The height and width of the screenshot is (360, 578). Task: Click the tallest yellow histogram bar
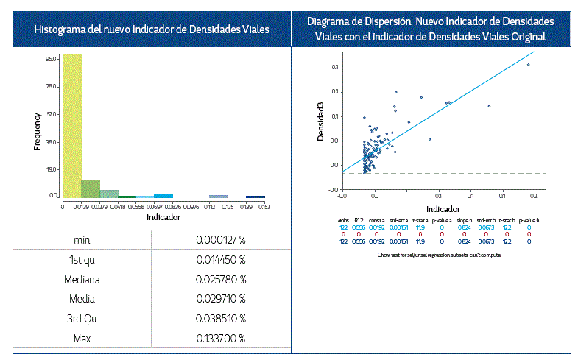71,125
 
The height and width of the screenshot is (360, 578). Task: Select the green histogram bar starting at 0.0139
91,188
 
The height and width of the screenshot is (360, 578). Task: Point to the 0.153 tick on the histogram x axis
264,208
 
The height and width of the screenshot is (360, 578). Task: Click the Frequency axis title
38,132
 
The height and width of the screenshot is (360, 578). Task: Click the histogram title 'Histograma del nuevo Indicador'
151,29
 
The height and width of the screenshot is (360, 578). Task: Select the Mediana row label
82,280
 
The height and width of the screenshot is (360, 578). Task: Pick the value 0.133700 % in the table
220,338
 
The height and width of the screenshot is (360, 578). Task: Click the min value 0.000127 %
220,241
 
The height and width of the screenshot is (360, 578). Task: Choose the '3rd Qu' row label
82,319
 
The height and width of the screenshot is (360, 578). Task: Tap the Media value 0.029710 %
220,299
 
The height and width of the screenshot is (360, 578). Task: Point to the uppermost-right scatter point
528,65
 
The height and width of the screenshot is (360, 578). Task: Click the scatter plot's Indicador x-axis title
437,209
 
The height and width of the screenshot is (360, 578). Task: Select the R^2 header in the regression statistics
359,220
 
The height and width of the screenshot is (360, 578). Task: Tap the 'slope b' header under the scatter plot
464,220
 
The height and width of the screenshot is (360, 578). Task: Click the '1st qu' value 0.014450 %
220,261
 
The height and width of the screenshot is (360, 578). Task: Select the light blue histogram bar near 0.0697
163,196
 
